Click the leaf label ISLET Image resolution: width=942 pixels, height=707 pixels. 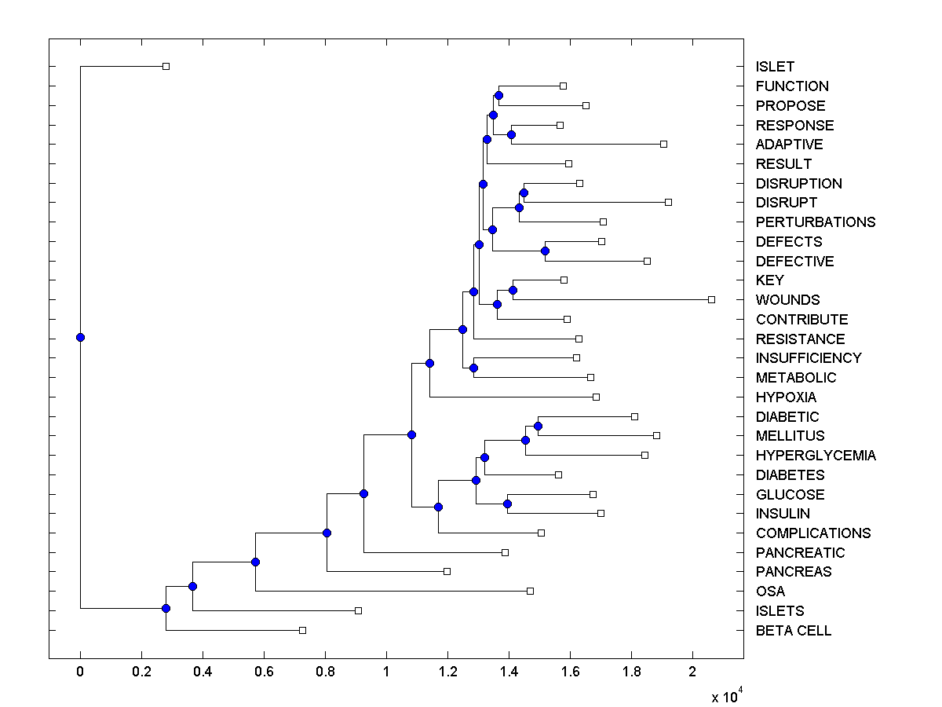775,67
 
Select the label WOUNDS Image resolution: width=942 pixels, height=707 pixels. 787,300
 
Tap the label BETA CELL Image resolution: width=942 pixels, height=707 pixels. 794,631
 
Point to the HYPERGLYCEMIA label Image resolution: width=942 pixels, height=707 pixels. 816,456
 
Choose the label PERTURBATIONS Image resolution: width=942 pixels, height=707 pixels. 816,222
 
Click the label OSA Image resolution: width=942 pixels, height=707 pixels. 770,592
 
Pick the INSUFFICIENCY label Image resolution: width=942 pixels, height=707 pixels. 809,358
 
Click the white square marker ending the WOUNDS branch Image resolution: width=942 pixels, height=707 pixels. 711,299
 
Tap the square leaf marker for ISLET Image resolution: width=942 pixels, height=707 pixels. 166,66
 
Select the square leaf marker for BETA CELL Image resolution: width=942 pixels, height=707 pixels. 302,630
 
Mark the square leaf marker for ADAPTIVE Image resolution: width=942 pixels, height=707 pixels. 663,144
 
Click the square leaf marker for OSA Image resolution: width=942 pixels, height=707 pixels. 530,591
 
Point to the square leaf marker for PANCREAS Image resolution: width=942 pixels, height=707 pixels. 447,571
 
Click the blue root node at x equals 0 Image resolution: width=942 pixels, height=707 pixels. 80,338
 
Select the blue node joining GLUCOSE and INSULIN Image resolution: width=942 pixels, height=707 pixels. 508,504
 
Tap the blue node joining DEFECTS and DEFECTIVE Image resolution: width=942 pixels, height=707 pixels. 545,251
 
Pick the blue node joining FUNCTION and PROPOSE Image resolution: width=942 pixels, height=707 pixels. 498,96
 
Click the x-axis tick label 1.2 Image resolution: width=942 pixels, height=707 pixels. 447,672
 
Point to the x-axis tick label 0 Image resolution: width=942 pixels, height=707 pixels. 80,672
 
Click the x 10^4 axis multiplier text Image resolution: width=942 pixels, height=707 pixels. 726,695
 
